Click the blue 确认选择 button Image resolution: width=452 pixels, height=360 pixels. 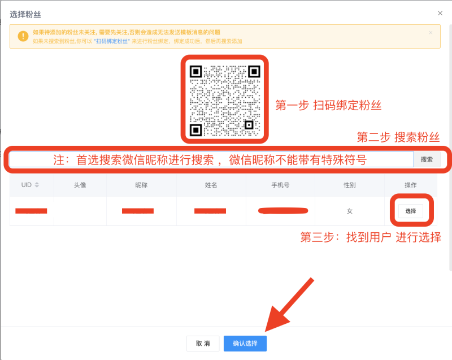pyautogui.click(x=245, y=343)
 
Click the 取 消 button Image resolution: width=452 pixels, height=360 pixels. pyautogui.click(x=203, y=343)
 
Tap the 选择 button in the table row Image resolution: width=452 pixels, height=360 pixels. pyautogui.click(x=411, y=211)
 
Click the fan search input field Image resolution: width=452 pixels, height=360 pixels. pyautogui.click(x=212, y=159)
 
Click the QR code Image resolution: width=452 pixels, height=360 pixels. pyautogui.click(x=224, y=100)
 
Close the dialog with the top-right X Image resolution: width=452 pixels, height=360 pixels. pyautogui.click(x=440, y=13)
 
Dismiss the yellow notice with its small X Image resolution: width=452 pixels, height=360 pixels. pyautogui.click(x=431, y=33)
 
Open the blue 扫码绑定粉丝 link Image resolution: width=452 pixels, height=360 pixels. pyautogui.click(x=112, y=41)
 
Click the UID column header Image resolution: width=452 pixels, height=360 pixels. pyautogui.click(x=29, y=185)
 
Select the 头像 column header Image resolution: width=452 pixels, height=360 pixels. pyautogui.click(x=80, y=185)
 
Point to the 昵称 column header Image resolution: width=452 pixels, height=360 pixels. pyautogui.click(x=141, y=185)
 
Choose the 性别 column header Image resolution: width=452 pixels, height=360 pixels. pyautogui.click(x=349, y=185)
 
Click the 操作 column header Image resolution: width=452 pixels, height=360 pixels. pyautogui.click(x=411, y=185)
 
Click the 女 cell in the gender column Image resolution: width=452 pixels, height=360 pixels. pyautogui.click(x=349, y=211)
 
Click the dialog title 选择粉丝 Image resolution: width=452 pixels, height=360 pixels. pyautogui.click(x=25, y=14)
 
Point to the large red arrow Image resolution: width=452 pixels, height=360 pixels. pyautogui.click(x=288, y=305)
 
